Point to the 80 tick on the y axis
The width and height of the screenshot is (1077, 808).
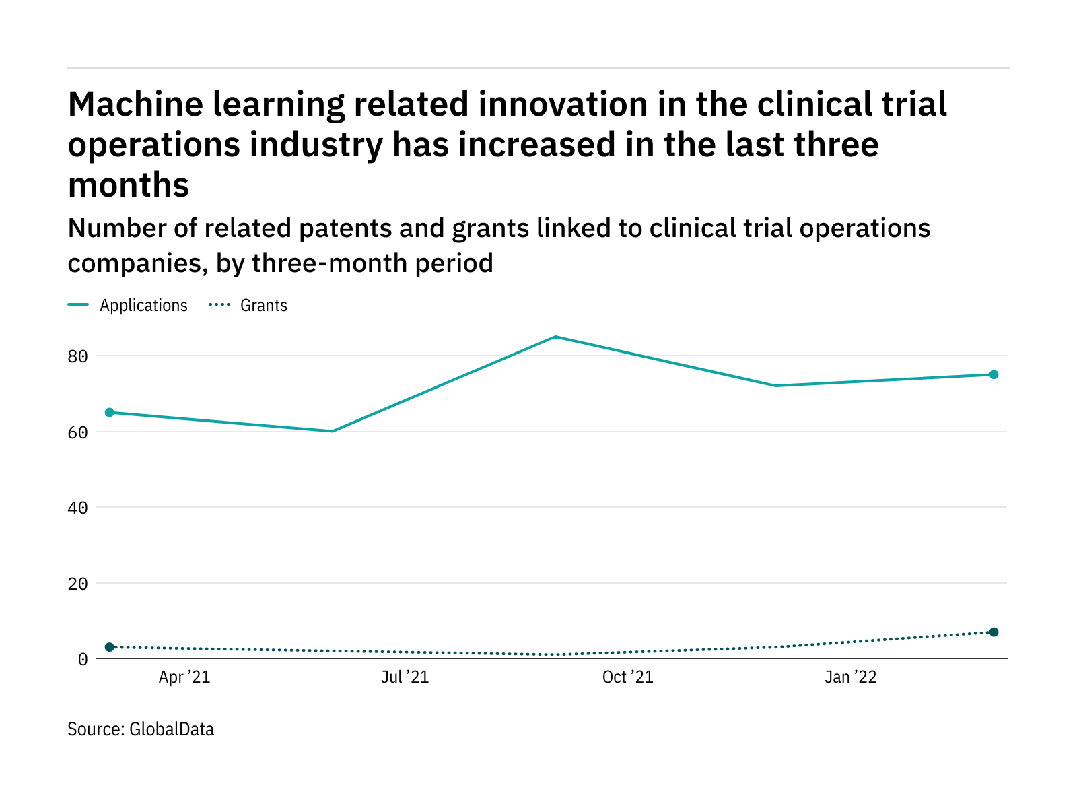coord(77,356)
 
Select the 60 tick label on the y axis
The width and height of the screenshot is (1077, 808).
coord(77,432)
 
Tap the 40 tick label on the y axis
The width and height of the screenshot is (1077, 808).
coord(77,508)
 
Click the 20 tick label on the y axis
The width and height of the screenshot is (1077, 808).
coord(77,584)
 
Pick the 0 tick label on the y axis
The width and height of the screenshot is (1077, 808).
coord(82,659)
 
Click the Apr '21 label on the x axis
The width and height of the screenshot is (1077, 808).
coord(184,677)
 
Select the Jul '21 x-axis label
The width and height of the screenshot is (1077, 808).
coord(405,677)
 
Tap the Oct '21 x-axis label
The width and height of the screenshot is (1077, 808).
coord(627,677)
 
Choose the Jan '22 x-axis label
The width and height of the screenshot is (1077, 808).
coord(850,677)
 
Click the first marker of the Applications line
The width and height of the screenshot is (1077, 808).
coord(110,412)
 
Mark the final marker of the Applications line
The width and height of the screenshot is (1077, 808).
coord(994,374)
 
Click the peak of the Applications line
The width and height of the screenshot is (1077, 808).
coord(555,337)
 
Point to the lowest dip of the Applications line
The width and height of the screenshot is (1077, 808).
coord(333,431)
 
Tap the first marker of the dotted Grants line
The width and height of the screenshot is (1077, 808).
coord(110,647)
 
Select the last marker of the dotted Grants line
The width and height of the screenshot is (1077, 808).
coord(994,632)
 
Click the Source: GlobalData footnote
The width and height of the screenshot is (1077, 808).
coord(141,729)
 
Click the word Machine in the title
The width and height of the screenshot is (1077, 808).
coord(135,104)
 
